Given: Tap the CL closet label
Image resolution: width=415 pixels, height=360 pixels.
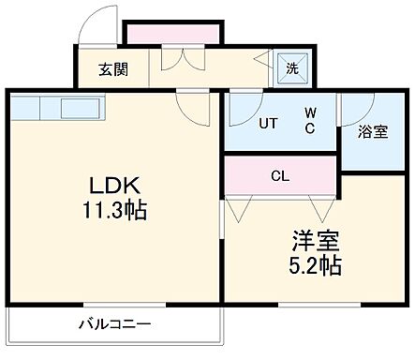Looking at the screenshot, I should tap(280, 173).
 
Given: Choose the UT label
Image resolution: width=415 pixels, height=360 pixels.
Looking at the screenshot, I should tap(268, 122).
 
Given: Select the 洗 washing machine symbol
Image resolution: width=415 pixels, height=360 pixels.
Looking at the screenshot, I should tap(291, 67).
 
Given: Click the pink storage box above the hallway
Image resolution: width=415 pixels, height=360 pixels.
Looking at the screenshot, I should tap(172, 35).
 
